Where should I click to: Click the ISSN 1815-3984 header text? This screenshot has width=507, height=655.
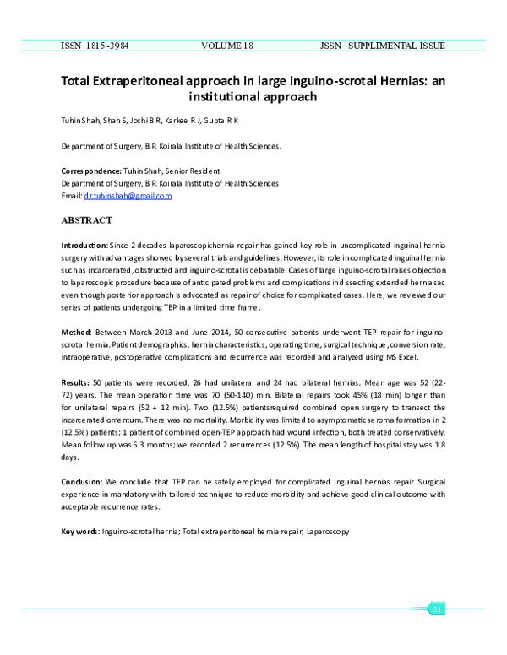tap(96, 45)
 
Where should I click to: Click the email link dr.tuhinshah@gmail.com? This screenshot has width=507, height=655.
tap(128, 196)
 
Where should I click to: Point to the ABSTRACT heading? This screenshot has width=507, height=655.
tap(86, 220)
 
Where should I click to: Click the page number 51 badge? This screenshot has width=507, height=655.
tap(437, 609)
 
